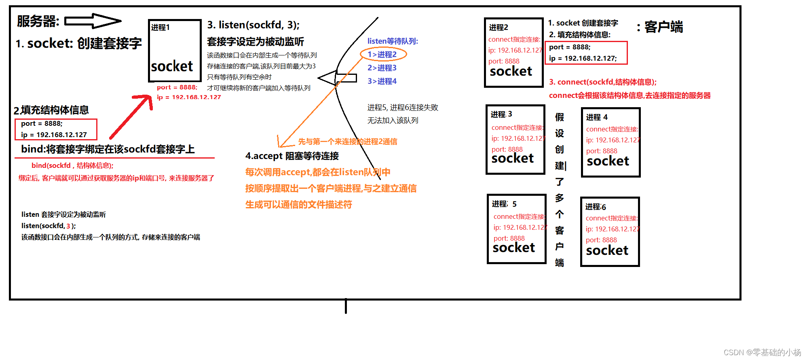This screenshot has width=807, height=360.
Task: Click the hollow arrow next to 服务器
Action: (x=93, y=21)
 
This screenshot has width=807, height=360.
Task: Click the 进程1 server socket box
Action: (x=175, y=51)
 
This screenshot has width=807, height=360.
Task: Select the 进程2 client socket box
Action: (x=513, y=53)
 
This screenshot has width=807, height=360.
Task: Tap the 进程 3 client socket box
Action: (x=515, y=140)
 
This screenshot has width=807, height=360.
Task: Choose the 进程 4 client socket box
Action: (x=611, y=142)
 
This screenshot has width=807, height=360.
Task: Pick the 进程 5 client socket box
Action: (x=517, y=229)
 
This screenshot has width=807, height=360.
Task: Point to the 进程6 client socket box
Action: (x=610, y=232)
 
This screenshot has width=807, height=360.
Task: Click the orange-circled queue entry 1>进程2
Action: (x=382, y=54)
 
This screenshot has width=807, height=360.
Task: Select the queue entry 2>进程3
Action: (x=382, y=68)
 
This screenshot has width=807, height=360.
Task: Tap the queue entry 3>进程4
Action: (x=382, y=81)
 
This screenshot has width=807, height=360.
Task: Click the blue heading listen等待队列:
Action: (x=393, y=41)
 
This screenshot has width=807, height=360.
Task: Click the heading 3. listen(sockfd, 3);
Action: (x=254, y=25)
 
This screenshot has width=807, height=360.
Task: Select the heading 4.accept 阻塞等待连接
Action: (x=292, y=156)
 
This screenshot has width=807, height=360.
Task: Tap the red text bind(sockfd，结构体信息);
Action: (x=72, y=165)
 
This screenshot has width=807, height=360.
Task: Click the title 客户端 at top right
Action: (x=663, y=27)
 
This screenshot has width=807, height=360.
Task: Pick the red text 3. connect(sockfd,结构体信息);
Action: (x=602, y=82)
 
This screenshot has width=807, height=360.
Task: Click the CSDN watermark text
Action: (x=762, y=352)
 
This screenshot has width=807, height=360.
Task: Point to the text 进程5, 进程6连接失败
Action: (x=403, y=108)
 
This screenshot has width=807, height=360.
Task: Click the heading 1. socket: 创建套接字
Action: (x=79, y=43)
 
